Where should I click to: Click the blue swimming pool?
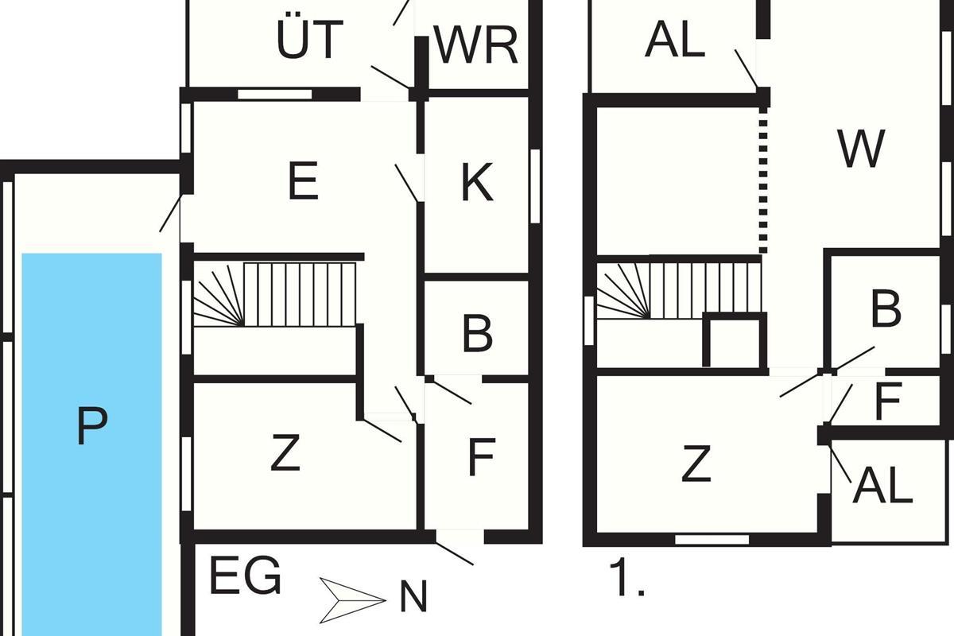pyautogui.click(x=91, y=444)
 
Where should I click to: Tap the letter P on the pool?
pyautogui.click(x=92, y=426)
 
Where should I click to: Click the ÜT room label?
pyautogui.click(x=309, y=38)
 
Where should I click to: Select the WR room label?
pyautogui.click(x=475, y=45)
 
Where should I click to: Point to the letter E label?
pyautogui.click(x=303, y=180)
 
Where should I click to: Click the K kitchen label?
pyautogui.click(x=478, y=182)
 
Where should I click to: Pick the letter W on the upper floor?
pyautogui.click(x=861, y=149)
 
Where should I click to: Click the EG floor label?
pyautogui.click(x=246, y=576)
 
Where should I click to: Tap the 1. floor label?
pyautogui.click(x=627, y=577)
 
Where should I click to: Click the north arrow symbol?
pyautogui.click(x=353, y=600)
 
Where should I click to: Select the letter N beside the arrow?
pyautogui.click(x=413, y=596)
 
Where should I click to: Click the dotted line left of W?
pyautogui.click(x=763, y=180)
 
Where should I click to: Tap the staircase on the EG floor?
pyautogui.click(x=275, y=295)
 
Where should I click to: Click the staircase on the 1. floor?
pyautogui.click(x=679, y=290)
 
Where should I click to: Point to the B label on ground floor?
pyautogui.click(x=478, y=334)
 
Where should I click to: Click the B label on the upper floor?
pyautogui.click(x=886, y=308)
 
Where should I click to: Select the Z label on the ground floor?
pyautogui.click(x=285, y=452)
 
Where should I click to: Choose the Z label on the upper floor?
pyautogui.click(x=696, y=463)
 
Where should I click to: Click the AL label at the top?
pyautogui.click(x=675, y=39)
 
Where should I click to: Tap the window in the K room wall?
pyautogui.click(x=535, y=186)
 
